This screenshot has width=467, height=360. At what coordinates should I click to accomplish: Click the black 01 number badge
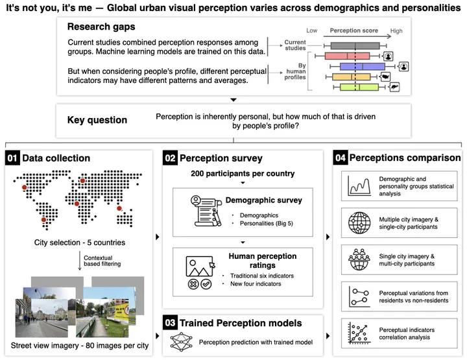(x=13, y=158)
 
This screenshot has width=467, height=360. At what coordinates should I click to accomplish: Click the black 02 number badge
(x=170, y=158)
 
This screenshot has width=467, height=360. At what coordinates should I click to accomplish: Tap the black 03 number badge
(x=170, y=322)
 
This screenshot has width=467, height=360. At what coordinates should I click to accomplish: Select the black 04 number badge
(x=341, y=158)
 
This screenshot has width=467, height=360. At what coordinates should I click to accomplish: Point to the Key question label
(x=97, y=120)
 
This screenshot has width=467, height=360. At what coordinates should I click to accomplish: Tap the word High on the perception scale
(x=396, y=30)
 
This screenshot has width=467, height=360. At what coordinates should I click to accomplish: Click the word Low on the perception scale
(x=312, y=30)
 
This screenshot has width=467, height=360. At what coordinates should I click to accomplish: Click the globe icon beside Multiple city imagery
(x=358, y=222)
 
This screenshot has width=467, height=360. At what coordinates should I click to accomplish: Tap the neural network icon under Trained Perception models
(x=180, y=341)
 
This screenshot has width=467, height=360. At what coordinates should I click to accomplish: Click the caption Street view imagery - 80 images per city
(x=79, y=346)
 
